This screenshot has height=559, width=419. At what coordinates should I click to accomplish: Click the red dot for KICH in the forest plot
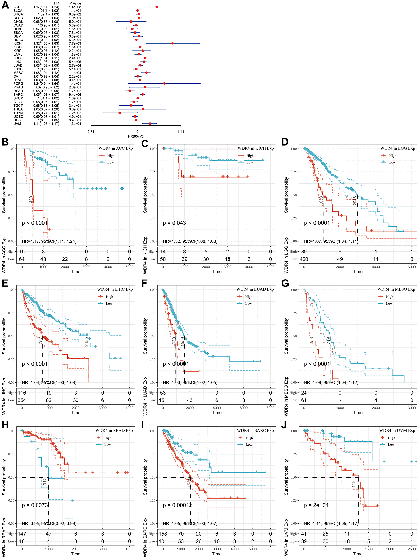point(173,43)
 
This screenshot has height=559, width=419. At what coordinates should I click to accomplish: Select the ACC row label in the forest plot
point(17,7)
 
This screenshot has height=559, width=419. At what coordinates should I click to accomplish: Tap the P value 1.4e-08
point(75,7)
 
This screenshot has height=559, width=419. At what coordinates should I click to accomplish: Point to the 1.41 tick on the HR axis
point(181,132)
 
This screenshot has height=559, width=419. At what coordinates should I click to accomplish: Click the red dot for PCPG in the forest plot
point(164,83)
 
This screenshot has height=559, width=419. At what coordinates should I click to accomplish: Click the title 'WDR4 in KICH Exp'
point(256,148)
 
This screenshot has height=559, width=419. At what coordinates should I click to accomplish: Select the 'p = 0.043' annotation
point(174,223)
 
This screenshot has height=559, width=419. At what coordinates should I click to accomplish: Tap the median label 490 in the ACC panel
point(31,199)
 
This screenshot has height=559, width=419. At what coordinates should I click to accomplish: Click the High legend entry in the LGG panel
point(392,156)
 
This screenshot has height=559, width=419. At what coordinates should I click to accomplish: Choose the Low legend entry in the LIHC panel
point(109,304)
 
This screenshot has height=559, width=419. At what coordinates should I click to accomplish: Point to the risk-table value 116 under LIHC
point(22,393)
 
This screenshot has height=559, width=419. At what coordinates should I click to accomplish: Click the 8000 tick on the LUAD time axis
point(270,408)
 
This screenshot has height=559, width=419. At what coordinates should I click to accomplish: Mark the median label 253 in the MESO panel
point(312,340)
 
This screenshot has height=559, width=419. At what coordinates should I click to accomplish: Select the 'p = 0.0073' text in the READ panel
point(35,505)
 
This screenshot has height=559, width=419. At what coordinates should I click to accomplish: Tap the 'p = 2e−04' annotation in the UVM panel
point(316,505)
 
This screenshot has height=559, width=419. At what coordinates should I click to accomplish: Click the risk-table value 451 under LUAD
point(163,400)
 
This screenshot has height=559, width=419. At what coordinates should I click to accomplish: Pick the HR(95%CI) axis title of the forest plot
point(136,136)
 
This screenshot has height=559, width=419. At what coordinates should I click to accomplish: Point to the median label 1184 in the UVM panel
point(354,483)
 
